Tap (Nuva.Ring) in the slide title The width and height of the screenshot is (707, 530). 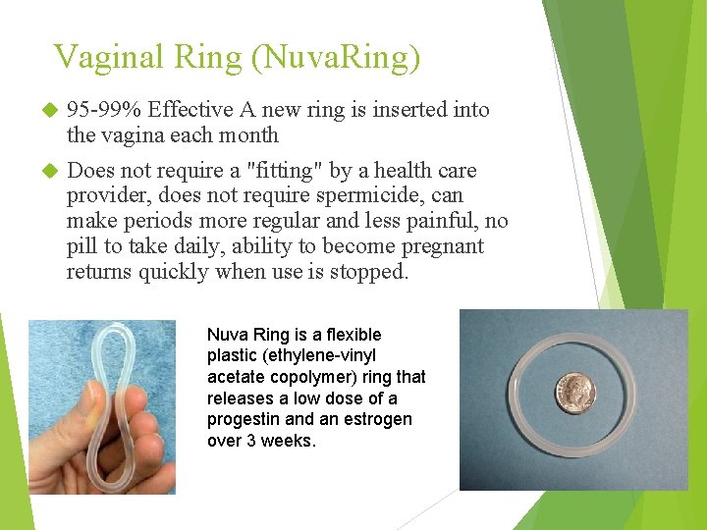pos(336,57)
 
